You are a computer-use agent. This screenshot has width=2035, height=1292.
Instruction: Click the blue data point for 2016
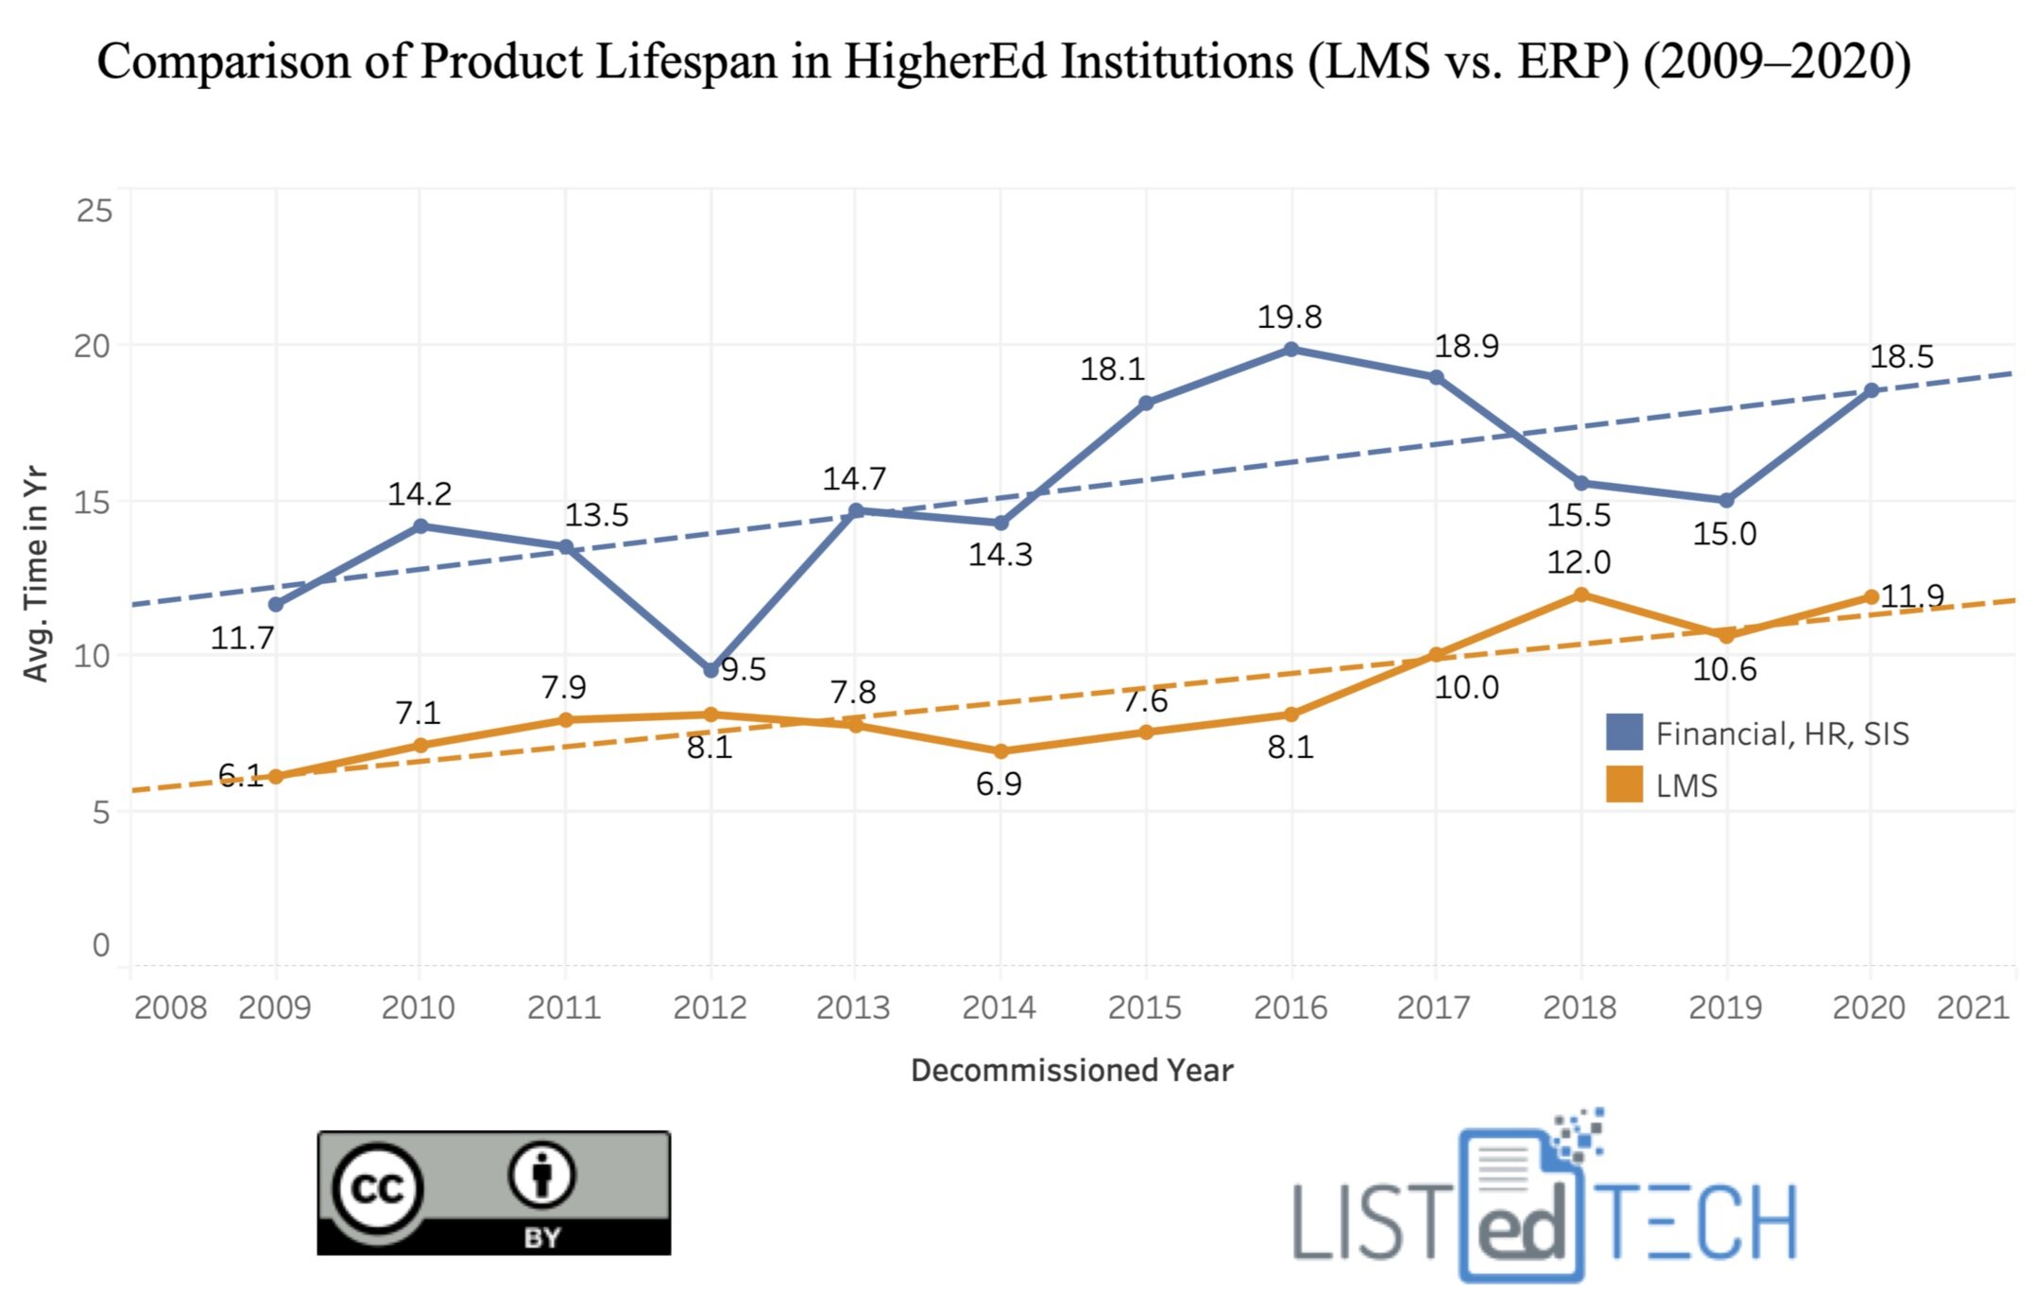pyautogui.click(x=1291, y=350)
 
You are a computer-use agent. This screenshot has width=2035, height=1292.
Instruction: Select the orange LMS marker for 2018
pyautogui.click(x=1581, y=594)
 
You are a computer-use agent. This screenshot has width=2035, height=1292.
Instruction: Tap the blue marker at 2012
pyautogui.click(x=710, y=670)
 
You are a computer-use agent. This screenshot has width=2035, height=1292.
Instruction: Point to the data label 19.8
pyautogui.click(x=1289, y=317)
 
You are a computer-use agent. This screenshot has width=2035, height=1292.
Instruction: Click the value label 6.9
pyautogui.click(x=998, y=784)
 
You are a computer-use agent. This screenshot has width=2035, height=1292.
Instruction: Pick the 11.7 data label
pyautogui.click(x=242, y=638)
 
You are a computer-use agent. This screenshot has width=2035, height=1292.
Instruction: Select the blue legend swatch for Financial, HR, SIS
pyautogui.click(x=1623, y=732)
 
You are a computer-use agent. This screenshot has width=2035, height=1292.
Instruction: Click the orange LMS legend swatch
pyautogui.click(x=1623, y=784)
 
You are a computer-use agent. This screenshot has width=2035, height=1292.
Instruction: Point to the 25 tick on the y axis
pyautogui.click(x=94, y=210)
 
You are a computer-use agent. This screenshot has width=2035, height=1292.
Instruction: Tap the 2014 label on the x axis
pyautogui.click(x=999, y=1008)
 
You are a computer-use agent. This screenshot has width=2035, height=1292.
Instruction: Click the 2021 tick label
pyautogui.click(x=1972, y=1008)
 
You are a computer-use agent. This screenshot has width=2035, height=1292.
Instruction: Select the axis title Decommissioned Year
pyautogui.click(x=1071, y=1070)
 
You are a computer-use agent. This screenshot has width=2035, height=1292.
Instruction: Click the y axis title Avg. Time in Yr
pyautogui.click(x=36, y=573)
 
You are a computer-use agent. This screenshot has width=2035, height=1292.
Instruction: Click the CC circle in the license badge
pyautogui.click(x=378, y=1188)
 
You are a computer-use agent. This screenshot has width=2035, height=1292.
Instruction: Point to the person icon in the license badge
pyautogui.click(x=541, y=1175)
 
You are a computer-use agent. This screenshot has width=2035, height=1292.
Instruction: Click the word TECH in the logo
pyautogui.click(x=1698, y=1224)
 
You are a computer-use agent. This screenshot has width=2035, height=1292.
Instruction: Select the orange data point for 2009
pyautogui.click(x=276, y=777)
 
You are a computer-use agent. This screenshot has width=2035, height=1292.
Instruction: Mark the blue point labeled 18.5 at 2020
pyautogui.click(x=1871, y=389)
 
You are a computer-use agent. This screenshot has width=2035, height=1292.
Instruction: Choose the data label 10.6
pyautogui.click(x=1724, y=669)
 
